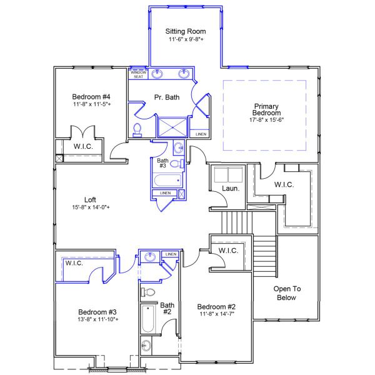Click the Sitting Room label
[186, 31]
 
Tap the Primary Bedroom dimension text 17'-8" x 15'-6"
[266, 119]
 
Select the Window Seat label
[137, 74]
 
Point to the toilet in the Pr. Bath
[137, 130]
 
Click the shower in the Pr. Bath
[172, 127]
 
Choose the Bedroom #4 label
[91, 97]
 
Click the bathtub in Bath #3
[166, 181]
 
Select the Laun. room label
[228, 189]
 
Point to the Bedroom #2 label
[216, 306]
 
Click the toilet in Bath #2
[149, 292]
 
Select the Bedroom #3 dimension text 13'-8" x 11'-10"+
[98, 319]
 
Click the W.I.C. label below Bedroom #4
[83, 147]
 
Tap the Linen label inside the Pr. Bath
[201, 134]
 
